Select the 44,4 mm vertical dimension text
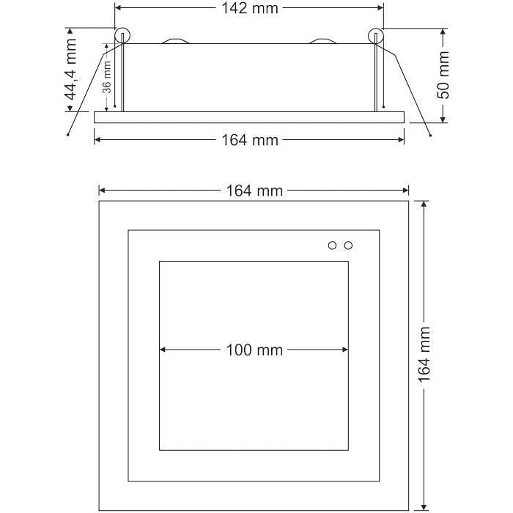[x=71, y=70]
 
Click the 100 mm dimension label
[x=254, y=350]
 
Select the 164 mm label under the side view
[x=250, y=140]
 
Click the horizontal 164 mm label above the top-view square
[x=254, y=191]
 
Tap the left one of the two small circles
[x=332, y=245]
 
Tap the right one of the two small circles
[x=348, y=245]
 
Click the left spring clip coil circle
[x=122, y=35]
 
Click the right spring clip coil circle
[x=377, y=35]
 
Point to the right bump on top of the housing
[x=323, y=41]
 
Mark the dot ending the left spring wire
[x=68, y=135]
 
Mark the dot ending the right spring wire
[x=430, y=135]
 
